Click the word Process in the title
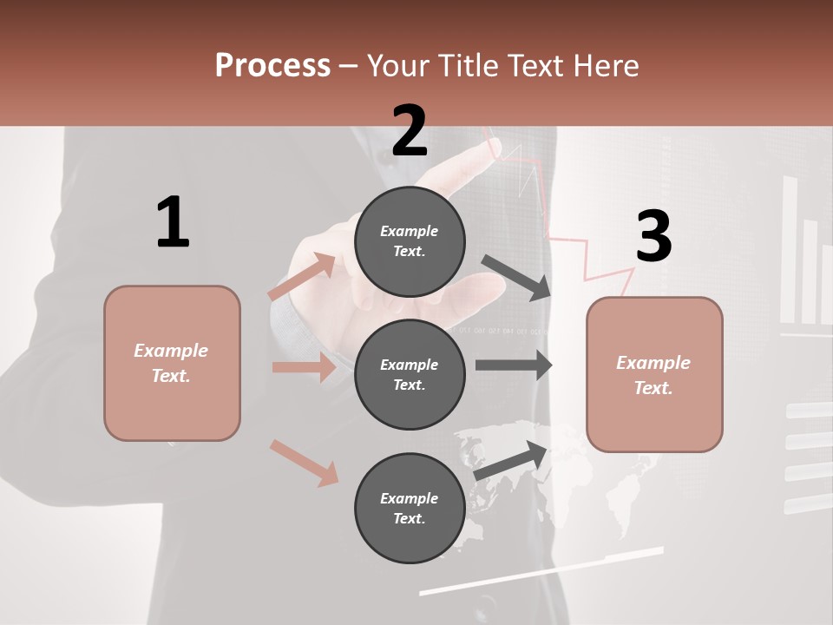point(272,65)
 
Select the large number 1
point(173,223)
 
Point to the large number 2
point(410,131)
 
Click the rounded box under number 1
point(172,363)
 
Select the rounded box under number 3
point(654,374)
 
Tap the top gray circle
point(410,240)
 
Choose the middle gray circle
point(410,374)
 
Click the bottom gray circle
point(410,508)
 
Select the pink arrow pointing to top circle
point(301,277)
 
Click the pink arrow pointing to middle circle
point(304,367)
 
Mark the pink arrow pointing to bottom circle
point(304,463)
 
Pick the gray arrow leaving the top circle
point(516,277)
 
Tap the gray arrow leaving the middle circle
point(514,365)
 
